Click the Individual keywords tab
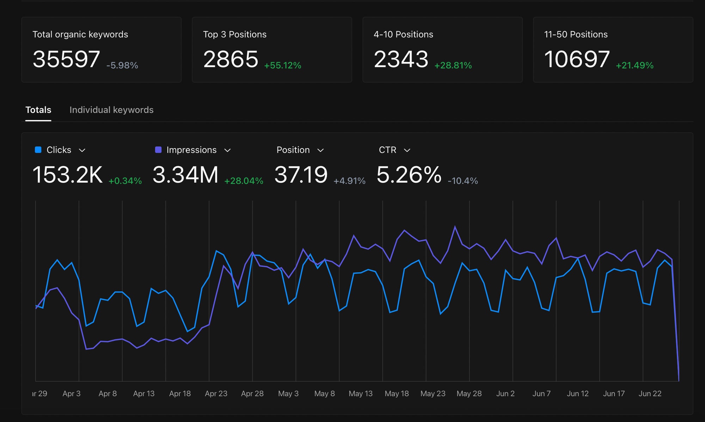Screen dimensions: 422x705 coord(111,110)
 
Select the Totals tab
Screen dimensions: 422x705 coord(38,110)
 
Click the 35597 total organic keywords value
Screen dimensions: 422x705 coord(66,59)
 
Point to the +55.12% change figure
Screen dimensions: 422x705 coord(283,65)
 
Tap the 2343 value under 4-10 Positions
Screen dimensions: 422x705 coord(401,59)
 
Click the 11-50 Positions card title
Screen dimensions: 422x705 coord(576,34)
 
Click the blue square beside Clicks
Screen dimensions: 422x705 coord(38,150)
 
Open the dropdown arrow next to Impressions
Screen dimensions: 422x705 coord(228,150)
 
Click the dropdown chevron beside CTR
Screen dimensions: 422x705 coord(407,150)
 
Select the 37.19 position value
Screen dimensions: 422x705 coord(301,175)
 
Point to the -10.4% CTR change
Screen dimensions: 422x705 coord(463,181)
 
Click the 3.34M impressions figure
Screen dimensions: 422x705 coord(185,175)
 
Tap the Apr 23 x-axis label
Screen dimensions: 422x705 coord(216,393)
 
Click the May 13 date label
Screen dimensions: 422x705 coord(361,393)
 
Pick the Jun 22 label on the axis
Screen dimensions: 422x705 coord(650,393)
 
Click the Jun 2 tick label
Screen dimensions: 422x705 coord(505,393)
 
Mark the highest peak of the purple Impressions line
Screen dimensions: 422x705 coord(455,227)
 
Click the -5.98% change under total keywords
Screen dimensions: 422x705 coord(122,65)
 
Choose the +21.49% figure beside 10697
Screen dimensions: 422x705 coord(634,65)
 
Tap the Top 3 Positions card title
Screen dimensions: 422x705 coord(235,34)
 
